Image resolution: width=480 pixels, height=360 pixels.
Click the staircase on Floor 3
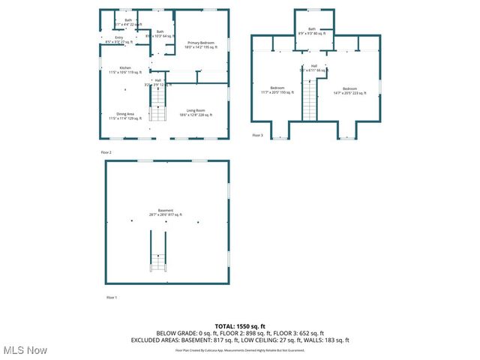(310, 101)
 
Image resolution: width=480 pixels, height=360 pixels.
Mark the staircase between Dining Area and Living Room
(157, 103)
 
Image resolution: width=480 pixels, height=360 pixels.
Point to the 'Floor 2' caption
(106, 152)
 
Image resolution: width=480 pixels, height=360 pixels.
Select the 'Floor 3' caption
(257, 135)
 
